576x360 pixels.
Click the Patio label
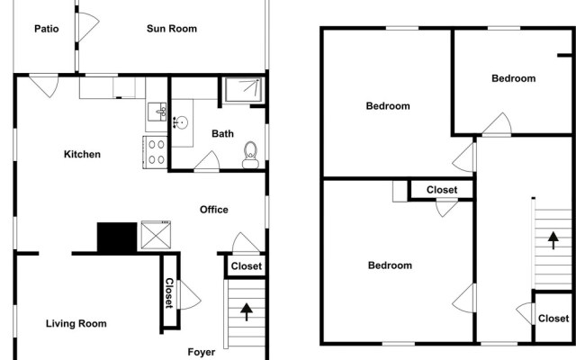point(47,29)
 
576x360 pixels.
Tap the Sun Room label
point(172,29)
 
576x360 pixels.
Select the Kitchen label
point(82,155)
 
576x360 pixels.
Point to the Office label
point(214,210)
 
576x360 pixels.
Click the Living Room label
point(76,324)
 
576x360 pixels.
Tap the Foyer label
point(202,352)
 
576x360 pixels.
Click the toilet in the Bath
point(251,156)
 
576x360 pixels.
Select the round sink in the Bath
point(182,122)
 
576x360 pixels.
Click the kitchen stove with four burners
point(155,150)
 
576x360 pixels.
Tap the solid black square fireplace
point(114,237)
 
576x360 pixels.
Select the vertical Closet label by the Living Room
point(168,292)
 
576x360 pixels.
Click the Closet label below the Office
point(247,266)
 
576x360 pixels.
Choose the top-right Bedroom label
point(513,78)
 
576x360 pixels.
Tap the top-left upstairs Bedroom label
point(388,106)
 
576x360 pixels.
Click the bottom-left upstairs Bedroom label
point(390,265)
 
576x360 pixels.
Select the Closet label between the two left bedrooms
point(442,190)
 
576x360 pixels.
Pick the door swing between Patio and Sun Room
point(86,26)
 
